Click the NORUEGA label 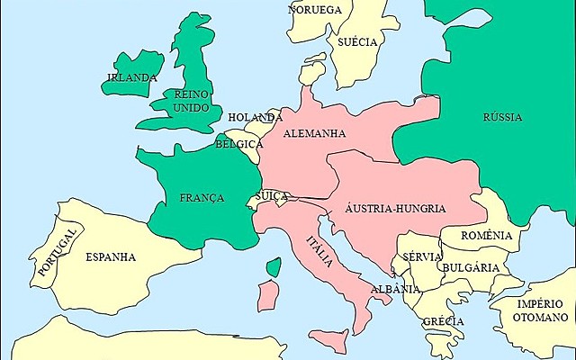point(315,10)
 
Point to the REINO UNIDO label point(192,101)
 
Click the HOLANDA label point(256,118)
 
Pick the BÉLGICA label point(239,144)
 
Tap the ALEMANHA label point(314,133)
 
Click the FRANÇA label point(202,198)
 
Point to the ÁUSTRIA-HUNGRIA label point(396,208)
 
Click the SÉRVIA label point(423,256)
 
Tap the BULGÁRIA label point(470,268)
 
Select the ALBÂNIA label point(397,289)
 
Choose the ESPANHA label point(111,257)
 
